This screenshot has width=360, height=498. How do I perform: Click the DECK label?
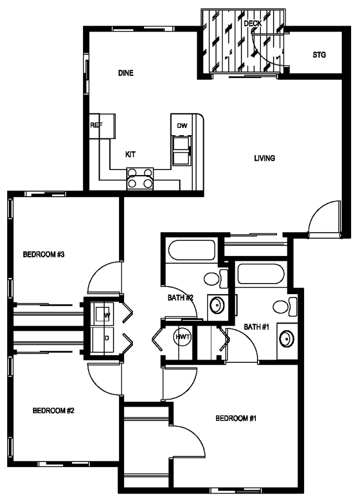click(253, 23)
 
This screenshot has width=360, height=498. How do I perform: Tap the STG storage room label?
click(319, 55)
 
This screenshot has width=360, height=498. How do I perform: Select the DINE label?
click(126, 73)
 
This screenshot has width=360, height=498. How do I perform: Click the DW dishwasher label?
click(182, 126)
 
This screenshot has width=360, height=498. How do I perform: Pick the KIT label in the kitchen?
click(131, 155)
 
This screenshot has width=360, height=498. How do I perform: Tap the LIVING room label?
click(265, 158)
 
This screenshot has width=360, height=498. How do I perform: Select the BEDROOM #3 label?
click(44, 255)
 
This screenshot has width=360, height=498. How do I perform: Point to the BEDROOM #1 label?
click(236, 418)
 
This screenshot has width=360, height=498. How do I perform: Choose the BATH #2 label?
click(181, 297)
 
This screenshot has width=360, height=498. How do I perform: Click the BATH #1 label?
click(256, 327)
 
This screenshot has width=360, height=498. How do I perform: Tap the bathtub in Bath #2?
click(192, 250)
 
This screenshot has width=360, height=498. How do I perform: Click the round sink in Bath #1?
click(286, 338)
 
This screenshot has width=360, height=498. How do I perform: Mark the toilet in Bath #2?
click(213, 278)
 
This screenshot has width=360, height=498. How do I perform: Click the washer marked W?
click(104, 315)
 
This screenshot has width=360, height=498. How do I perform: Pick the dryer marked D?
click(104, 337)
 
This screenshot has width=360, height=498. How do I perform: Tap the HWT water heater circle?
click(182, 337)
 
